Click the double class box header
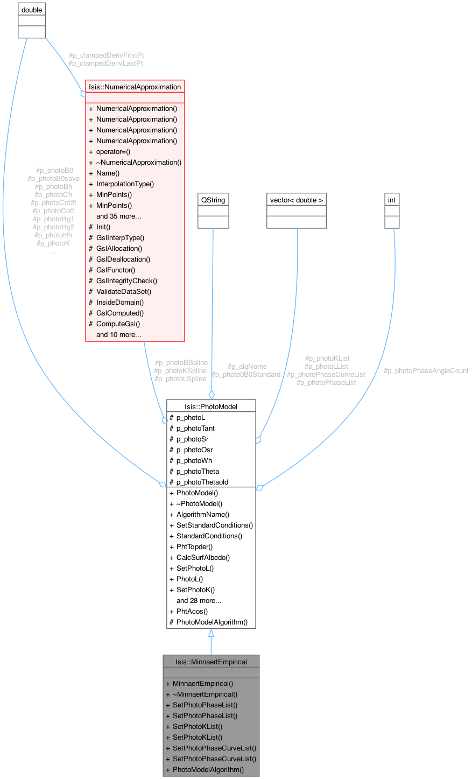(31, 10)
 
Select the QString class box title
(213, 200)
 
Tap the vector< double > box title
(297, 200)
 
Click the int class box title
(392, 200)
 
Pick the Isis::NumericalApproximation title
(135, 87)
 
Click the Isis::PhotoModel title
(210, 406)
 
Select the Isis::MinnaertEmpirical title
(211, 662)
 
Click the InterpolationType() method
(125, 184)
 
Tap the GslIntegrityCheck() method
(126, 280)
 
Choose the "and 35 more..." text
(118, 216)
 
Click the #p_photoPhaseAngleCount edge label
(426, 370)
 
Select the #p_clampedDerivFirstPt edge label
(107, 55)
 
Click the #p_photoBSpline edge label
(181, 362)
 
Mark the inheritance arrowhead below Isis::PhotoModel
(211, 633)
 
